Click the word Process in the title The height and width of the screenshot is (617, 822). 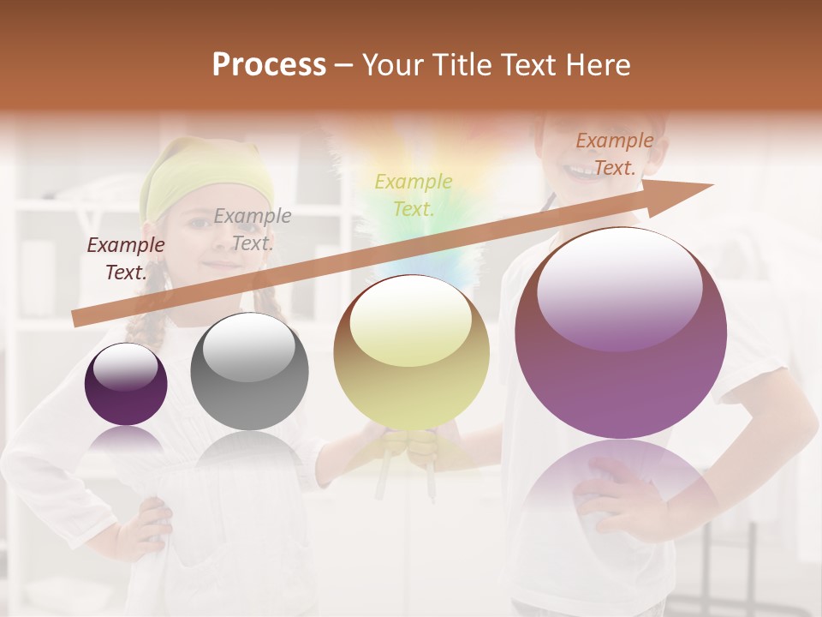269,65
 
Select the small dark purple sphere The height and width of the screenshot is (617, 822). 126,385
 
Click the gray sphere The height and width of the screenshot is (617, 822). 249,372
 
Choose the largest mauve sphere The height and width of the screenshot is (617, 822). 621,334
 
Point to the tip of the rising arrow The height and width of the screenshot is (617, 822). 711,186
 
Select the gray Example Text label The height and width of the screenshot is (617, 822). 252,230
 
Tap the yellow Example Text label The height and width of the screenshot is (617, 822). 414,195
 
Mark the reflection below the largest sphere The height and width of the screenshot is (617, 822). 621,488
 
